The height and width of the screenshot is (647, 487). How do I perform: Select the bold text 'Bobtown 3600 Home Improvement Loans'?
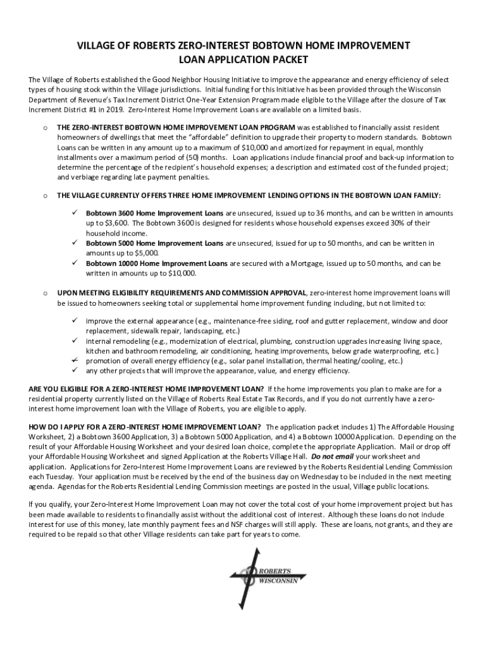click(x=154, y=213)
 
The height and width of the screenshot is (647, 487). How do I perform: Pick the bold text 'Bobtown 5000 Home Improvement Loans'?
click(x=154, y=243)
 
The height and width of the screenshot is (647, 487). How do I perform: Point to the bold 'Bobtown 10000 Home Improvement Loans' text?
click(x=157, y=263)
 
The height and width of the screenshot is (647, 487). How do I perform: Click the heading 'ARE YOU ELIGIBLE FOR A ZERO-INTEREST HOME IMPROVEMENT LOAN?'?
click(x=146, y=389)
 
